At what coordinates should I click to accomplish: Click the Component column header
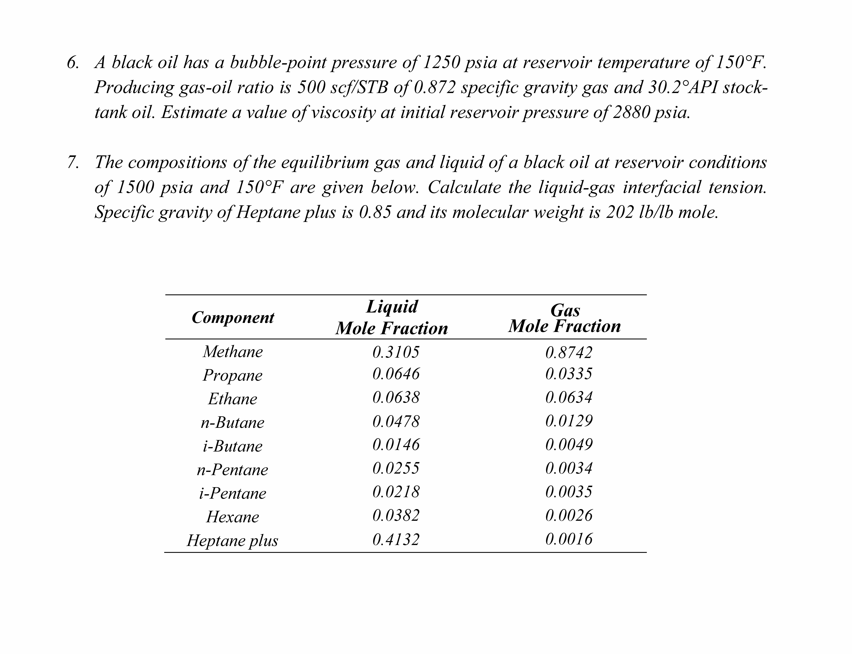(x=233, y=317)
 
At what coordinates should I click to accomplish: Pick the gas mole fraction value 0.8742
(x=569, y=352)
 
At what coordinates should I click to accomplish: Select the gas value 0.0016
(x=569, y=539)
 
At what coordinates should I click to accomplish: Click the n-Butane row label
(x=232, y=422)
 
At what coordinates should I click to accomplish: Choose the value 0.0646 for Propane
(x=396, y=374)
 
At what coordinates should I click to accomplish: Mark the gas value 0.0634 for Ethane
(x=569, y=397)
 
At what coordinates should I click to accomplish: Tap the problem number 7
(x=73, y=162)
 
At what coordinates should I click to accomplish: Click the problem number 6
(x=73, y=63)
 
